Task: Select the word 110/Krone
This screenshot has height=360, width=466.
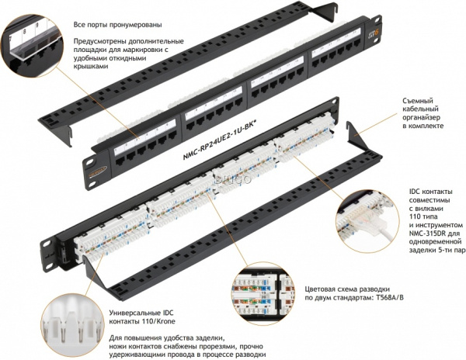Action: pos(158,321)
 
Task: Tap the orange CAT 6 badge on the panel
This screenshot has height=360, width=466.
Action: pos(368,33)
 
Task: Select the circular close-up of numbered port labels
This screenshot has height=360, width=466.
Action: pos(32,46)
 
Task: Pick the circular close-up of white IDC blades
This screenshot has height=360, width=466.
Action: pos(73,324)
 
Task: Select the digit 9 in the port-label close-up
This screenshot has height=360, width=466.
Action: pos(37,26)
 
